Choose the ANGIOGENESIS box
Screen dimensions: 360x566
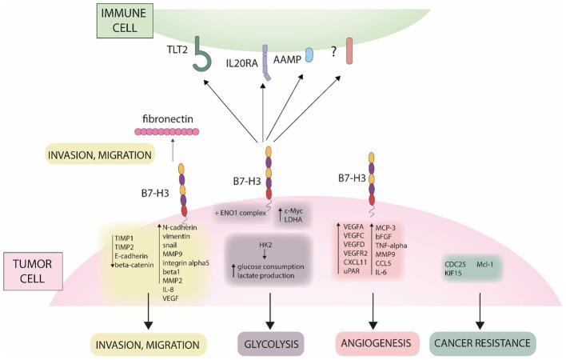click(376, 344)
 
